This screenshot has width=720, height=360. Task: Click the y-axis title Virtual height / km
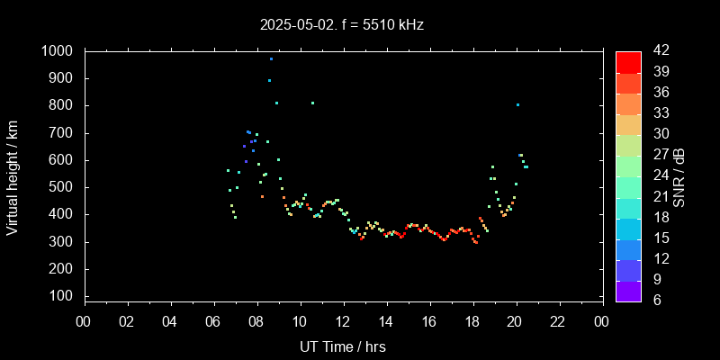click(13, 174)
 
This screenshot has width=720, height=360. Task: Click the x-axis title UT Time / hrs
click(343, 346)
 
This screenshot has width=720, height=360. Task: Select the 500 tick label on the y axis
click(63, 188)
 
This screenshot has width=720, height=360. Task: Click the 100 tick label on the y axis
click(63, 297)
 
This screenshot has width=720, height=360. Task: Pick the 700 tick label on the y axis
click(63, 133)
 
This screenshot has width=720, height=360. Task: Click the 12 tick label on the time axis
click(343, 320)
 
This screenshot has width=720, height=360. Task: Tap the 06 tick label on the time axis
click(213, 320)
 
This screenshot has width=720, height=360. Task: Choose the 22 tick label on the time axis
click(559, 320)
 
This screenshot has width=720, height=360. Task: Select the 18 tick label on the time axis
click(472, 320)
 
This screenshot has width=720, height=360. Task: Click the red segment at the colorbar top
click(628, 61)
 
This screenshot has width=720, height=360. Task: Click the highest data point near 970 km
click(271, 58)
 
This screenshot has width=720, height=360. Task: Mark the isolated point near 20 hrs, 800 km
click(517, 104)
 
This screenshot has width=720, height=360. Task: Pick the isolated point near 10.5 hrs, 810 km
click(312, 103)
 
